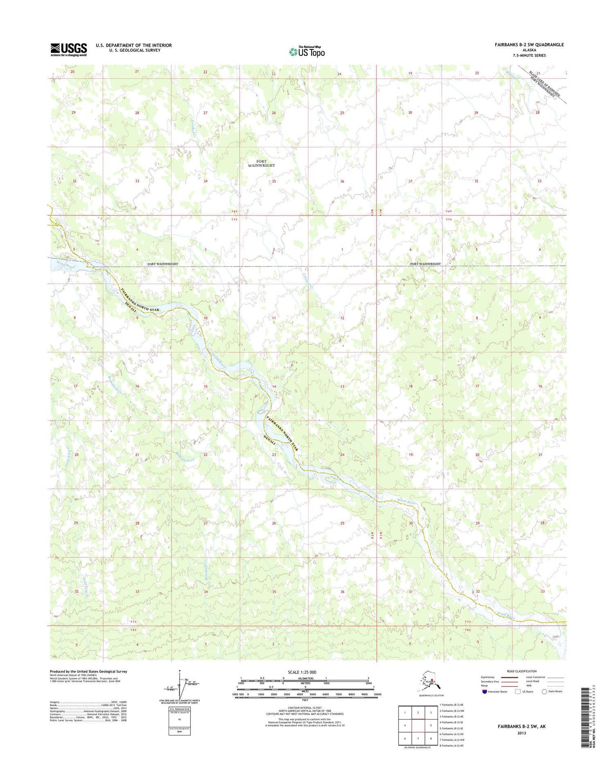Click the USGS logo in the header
[x=68, y=50]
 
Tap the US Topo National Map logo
[x=307, y=52]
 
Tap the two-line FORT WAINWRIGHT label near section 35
[x=262, y=163]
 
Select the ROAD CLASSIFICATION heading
[x=521, y=671]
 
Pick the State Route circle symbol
[x=544, y=692]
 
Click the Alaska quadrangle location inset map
[x=429, y=682]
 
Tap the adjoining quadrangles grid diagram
[x=418, y=725]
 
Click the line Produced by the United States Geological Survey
[x=88, y=672]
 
